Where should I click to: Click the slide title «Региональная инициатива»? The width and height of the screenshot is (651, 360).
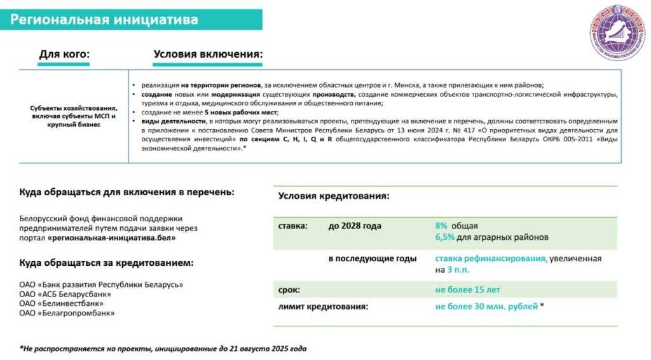tap(104, 20)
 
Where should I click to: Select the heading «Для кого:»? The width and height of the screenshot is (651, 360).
tap(64, 55)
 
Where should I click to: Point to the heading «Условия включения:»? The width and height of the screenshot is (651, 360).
tap(208, 55)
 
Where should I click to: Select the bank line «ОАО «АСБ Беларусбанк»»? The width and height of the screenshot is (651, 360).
tap(65, 294)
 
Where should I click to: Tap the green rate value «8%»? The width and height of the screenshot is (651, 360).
tap(441, 226)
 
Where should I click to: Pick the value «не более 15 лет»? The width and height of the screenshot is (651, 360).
tap(467, 290)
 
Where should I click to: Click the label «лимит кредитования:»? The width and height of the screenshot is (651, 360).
tap(323, 307)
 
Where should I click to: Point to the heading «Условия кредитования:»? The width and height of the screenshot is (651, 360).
tap(334, 197)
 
